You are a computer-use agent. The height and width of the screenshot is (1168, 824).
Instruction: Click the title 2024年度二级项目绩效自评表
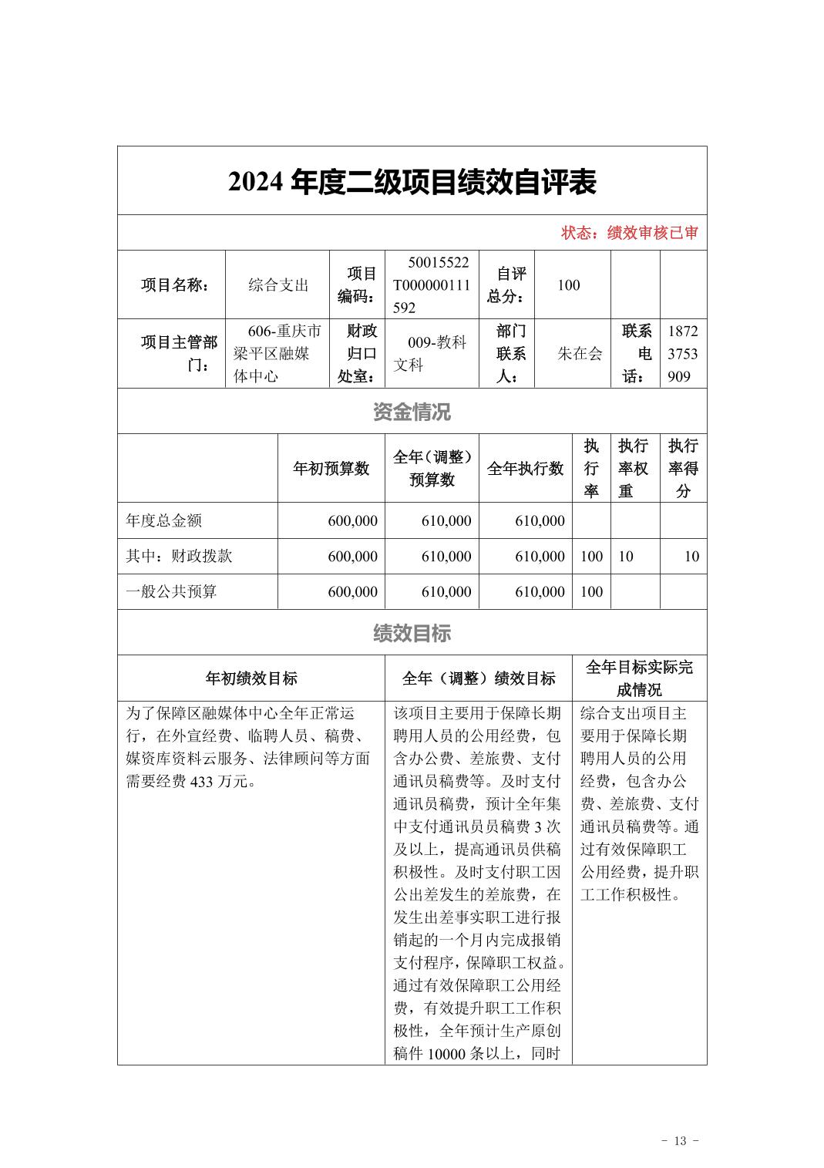click(x=412, y=182)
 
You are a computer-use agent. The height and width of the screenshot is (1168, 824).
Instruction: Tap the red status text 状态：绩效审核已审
click(x=629, y=233)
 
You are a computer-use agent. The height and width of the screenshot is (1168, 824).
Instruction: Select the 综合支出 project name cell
click(x=277, y=285)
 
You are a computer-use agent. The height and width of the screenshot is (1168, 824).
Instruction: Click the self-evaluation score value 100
click(x=568, y=285)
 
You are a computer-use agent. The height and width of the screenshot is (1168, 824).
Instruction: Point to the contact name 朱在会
click(x=580, y=354)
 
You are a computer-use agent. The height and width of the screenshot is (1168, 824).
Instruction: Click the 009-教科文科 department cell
click(x=431, y=354)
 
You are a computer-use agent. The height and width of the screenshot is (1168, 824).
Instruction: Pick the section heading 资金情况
click(x=412, y=412)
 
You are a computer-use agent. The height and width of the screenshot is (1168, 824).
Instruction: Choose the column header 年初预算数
click(x=331, y=469)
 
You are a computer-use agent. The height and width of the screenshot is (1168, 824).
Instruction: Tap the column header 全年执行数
click(x=525, y=469)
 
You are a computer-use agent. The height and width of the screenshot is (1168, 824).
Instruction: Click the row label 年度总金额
click(x=164, y=521)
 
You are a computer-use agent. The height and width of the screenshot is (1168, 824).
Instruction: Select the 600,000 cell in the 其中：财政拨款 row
click(x=352, y=557)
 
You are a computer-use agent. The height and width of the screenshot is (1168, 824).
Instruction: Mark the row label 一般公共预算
click(x=171, y=592)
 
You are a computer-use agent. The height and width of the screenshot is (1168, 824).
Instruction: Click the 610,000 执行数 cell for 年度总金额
click(x=540, y=521)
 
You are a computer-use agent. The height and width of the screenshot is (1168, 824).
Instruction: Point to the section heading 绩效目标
click(x=412, y=634)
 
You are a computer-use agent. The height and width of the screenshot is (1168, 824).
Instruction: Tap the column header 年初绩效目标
click(x=251, y=678)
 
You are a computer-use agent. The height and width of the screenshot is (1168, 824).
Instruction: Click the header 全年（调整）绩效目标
click(x=478, y=678)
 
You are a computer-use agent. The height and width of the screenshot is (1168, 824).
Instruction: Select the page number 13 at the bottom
click(x=680, y=1141)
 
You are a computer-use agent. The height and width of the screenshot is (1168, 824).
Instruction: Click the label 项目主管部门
click(x=179, y=354)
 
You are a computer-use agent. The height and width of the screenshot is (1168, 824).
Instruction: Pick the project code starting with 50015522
click(x=431, y=285)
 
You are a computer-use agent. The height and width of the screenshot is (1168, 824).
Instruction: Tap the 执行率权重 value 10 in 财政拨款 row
click(x=626, y=557)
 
